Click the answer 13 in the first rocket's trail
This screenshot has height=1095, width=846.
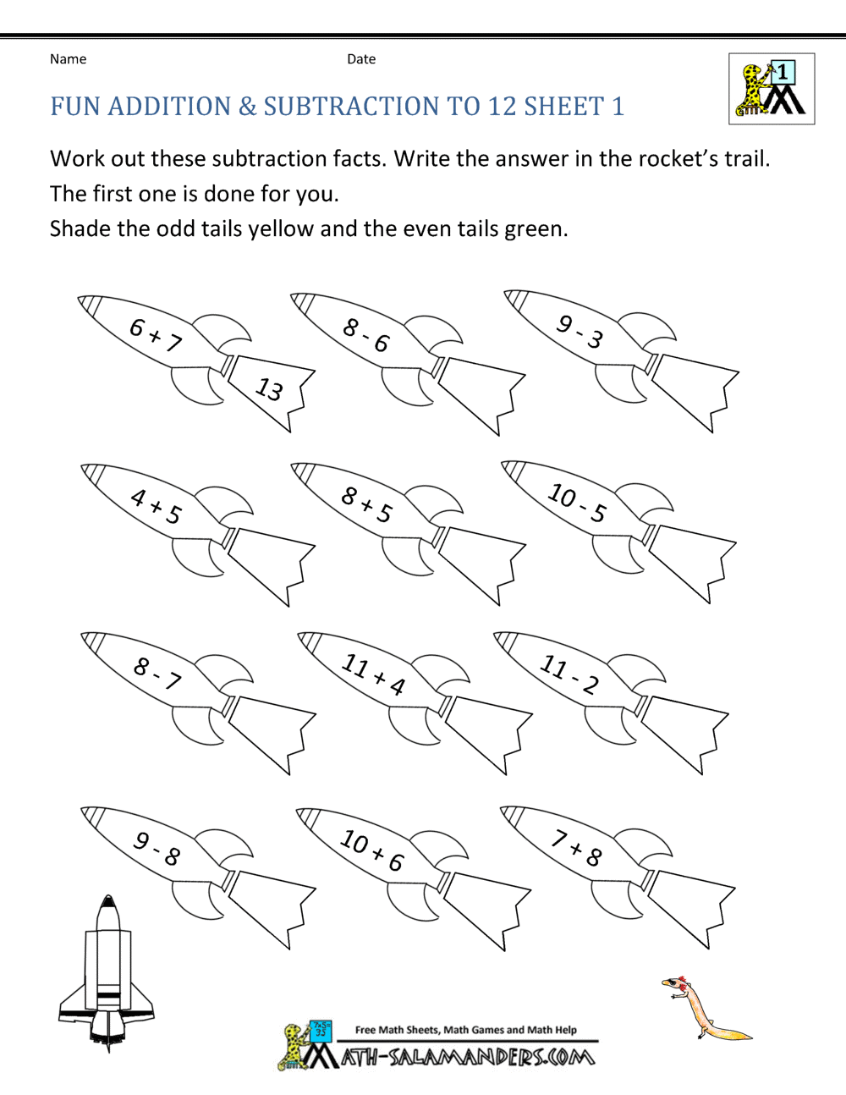point(269,389)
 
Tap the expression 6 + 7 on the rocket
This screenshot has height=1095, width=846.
point(156,335)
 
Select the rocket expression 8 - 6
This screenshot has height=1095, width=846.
point(366,335)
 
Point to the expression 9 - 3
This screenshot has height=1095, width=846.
point(580,332)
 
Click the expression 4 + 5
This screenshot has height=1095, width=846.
point(157,506)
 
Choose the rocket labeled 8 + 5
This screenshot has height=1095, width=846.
point(367,504)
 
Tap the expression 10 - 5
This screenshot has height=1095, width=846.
point(577,502)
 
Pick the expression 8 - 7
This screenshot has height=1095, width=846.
point(157,674)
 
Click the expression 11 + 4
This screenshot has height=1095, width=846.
point(373,674)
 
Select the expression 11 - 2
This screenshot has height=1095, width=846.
point(569,674)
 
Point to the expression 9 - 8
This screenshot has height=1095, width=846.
point(157,848)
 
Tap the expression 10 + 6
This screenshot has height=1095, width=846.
point(372,850)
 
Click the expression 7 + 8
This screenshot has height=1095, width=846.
point(577,848)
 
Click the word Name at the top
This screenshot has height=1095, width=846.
point(68,59)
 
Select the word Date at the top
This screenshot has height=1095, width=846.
point(361,59)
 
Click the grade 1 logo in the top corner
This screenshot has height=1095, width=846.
point(772,89)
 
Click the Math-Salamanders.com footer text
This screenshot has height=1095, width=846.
point(468,1057)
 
